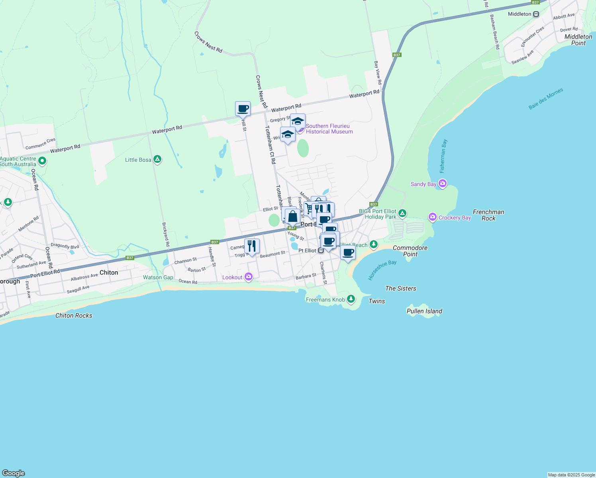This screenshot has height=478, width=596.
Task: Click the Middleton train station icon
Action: (x=536, y=14)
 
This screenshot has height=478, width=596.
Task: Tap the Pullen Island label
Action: (x=424, y=311)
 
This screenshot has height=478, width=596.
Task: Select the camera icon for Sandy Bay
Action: (x=442, y=184)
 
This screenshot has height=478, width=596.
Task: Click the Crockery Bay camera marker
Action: (x=433, y=217)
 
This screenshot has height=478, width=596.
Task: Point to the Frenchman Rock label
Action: (x=488, y=215)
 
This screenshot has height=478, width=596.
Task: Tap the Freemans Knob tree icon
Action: (x=351, y=299)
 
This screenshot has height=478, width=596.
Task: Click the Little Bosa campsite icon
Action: (x=157, y=160)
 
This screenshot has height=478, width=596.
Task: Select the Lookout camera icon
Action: (x=249, y=276)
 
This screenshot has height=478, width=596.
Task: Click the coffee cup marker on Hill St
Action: (x=243, y=108)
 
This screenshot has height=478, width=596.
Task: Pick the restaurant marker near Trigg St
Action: (x=251, y=246)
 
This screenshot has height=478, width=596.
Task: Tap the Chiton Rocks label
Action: (x=74, y=315)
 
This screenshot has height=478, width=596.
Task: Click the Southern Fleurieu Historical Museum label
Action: (x=329, y=129)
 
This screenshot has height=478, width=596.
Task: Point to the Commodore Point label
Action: (x=410, y=251)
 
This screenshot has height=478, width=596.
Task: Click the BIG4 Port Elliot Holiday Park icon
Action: (x=402, y=214)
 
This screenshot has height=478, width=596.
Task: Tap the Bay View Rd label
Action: (x=378, y=72)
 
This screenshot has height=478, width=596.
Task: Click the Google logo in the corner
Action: (x=14, y=473)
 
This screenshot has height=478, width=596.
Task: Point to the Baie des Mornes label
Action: (x=546, y=99)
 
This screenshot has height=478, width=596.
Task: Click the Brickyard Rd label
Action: (x=166, y=234)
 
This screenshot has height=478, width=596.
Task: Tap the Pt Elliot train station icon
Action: (x=321, y=251)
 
